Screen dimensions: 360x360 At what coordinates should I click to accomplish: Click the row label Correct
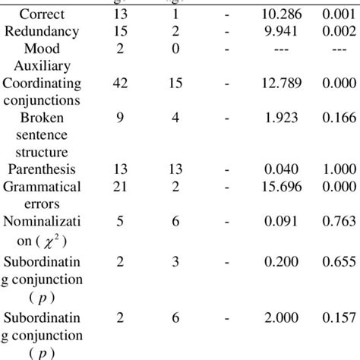coord(43,14)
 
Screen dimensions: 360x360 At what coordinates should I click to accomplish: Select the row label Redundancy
coord(43,31)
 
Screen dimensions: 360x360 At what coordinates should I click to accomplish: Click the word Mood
coord(43,48)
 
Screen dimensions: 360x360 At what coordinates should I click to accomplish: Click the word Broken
coord(43,120)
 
